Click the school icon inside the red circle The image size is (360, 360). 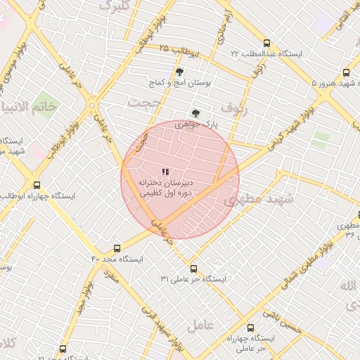point(165,172)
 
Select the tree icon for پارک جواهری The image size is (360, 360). point(195,113)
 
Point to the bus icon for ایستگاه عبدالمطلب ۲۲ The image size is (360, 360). point(266,43)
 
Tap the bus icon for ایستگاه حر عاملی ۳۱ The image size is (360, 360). point(193,269)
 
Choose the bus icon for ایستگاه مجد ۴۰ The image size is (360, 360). point(117,248)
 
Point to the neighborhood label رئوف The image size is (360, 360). point(234,108)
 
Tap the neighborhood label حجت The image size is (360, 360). point(145,103)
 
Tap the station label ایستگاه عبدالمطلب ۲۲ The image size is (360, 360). point(266,53)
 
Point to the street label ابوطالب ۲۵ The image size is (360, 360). point(181,51)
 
